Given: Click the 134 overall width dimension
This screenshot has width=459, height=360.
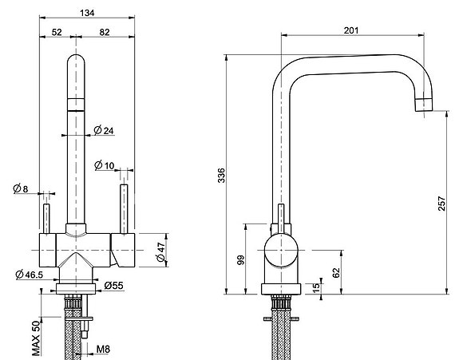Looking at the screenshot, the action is [x=87, y=13].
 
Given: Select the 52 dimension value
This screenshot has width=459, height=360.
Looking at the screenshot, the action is [x=57, y=32].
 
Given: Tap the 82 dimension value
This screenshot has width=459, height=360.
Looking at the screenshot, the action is [x=105, y=32].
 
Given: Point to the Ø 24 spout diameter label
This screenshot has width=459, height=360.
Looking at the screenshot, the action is [x=104, y=130].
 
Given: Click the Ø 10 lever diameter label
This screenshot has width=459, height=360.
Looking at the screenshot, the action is [x=105, y=165].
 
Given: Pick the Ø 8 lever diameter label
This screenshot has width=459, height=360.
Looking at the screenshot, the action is [x=21, y=188].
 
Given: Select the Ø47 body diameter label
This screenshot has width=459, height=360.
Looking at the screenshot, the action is [x=161, y=251].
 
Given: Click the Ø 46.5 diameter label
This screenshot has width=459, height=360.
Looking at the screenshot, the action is [x=30, y=275].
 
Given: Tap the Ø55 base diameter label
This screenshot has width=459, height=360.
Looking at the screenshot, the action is [x=114, y=285].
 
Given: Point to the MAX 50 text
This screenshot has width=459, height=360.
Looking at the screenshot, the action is [x=36, y=338].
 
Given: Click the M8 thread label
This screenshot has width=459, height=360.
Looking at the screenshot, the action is [x=103, y=349].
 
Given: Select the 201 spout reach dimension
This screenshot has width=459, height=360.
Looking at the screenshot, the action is [x=351, y=30].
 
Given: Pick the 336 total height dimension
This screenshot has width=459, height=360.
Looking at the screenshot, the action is [x=222, y=176].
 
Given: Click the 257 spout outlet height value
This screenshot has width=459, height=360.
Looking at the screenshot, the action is [x=441, y=204].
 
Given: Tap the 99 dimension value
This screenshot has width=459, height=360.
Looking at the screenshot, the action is [x=240, y=260].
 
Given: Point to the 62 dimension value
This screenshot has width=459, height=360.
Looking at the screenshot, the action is [x=337, y=272].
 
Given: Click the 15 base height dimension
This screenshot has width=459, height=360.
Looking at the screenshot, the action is [x=316, y=288].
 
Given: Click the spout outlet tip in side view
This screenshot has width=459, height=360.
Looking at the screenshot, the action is [x=424, y=105].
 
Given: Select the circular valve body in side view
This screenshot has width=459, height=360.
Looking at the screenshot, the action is [x=281, y=251].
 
